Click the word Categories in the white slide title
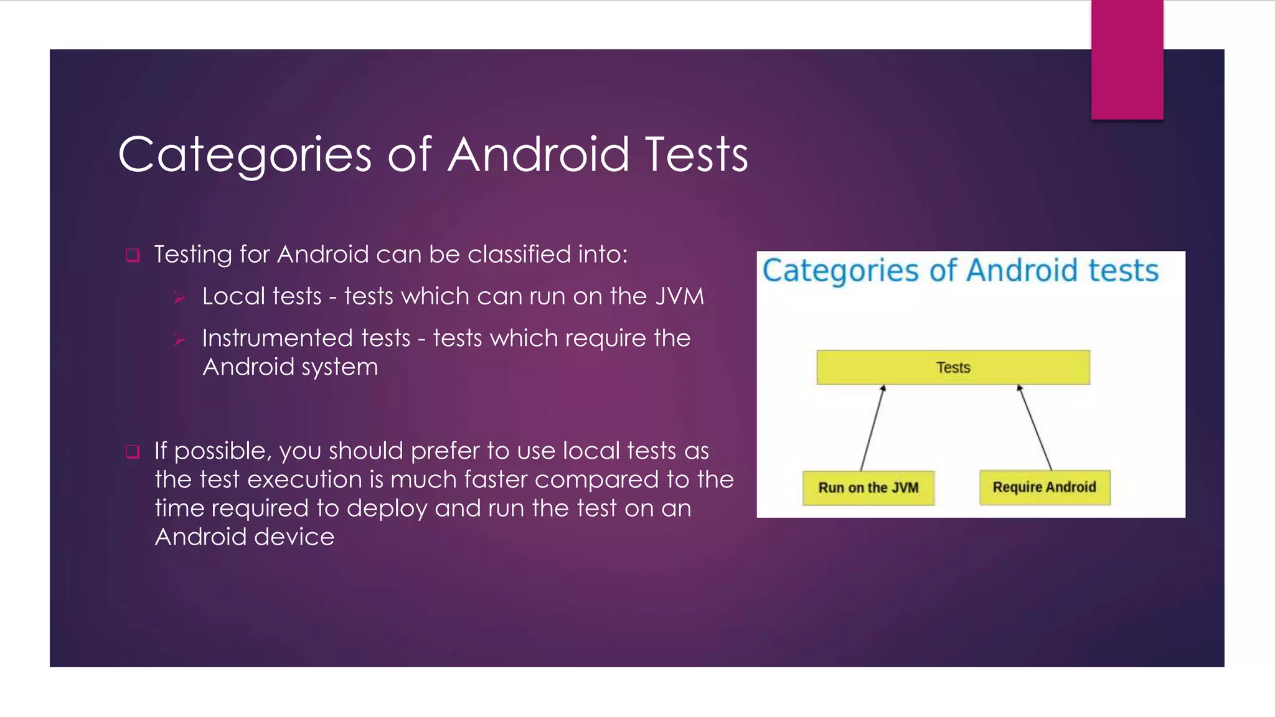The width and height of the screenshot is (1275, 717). click(x=245, y=156)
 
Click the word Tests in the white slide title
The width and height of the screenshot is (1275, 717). click(x=696, y=156)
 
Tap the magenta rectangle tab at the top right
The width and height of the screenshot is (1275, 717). click(x=1127, y=59)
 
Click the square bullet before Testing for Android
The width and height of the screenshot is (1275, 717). click(x=133, y=255)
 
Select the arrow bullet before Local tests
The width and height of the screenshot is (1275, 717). click(x=180, y=298)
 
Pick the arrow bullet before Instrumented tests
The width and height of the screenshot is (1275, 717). click(x=180, y=340)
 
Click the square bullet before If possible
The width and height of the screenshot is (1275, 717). click(x=133, y=452)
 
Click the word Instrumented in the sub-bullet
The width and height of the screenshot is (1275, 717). click(x=306, y=339)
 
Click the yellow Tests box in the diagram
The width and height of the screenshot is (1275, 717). click(x=953, y=367)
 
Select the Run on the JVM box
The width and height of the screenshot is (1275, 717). click(x=868, y=488)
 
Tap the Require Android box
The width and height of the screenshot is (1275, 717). click(x=1044, y=487)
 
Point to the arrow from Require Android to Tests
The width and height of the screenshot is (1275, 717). click(x=1035, y=428)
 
